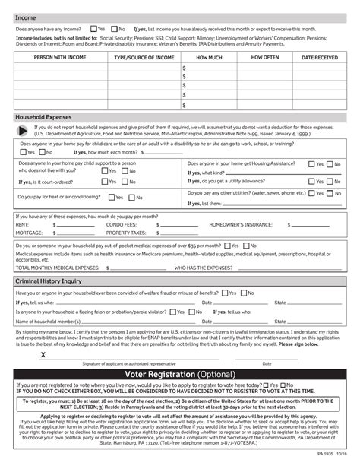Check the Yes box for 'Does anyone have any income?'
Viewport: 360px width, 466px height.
92,29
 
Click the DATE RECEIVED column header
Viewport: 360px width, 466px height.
320,57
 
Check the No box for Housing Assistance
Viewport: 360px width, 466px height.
332,163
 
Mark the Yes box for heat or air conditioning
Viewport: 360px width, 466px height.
111,198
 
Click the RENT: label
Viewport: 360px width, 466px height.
22,225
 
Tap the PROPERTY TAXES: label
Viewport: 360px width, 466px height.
125,233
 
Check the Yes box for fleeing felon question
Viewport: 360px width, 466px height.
175,311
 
